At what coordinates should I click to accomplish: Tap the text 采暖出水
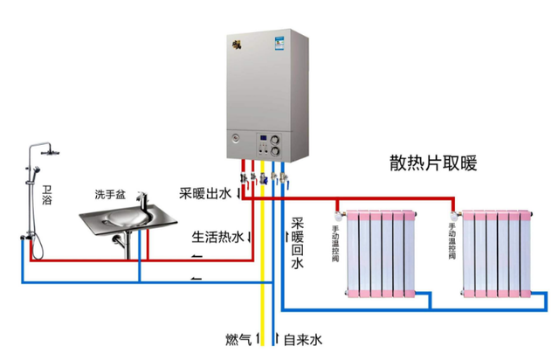204,193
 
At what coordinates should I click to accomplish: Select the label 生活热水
217,237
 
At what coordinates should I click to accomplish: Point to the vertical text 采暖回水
297,243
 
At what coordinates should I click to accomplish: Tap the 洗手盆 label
112,193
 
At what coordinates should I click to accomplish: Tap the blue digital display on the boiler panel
262,138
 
